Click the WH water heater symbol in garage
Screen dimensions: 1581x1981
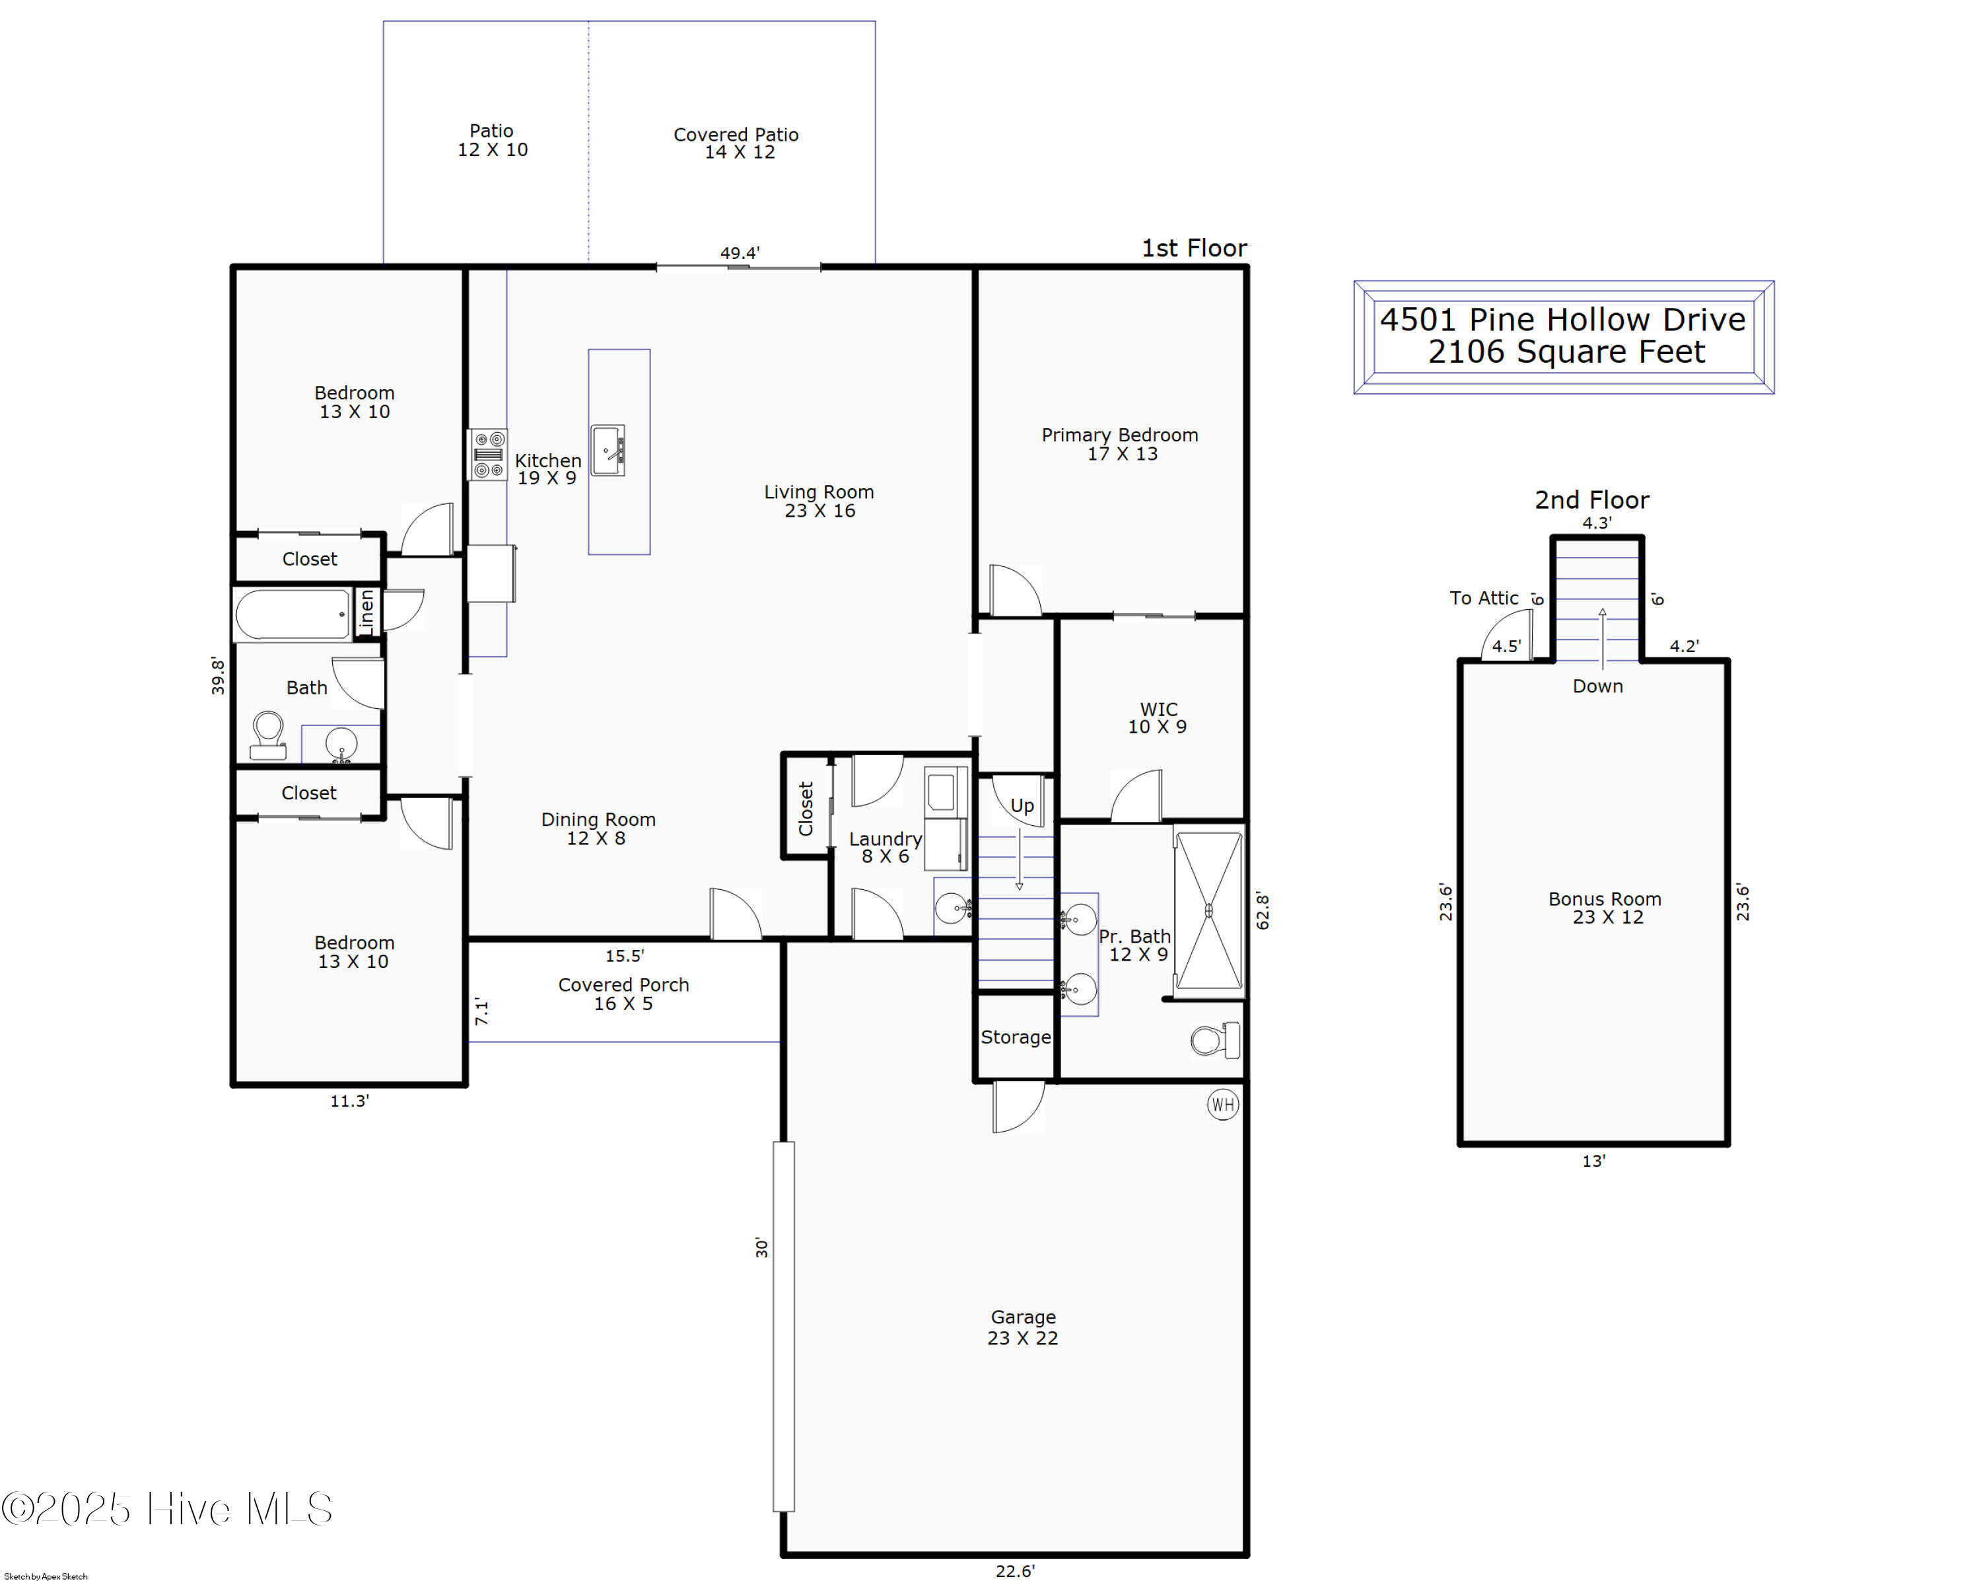(x=1222, y=1105)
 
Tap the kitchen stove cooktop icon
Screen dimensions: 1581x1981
(x=488, y=454)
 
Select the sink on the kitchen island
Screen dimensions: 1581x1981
(x=608, y=451)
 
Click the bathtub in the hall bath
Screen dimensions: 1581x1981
(x=292, y=614)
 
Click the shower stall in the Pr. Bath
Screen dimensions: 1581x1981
(x=1208, y=910)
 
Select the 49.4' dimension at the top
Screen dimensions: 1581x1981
(x=740, y=253)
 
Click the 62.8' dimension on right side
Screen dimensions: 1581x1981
(x=1263, y=911)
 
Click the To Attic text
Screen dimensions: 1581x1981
(x=1483, y=599)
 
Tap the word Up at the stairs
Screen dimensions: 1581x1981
(x=1022, y=806)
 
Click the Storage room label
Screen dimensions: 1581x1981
(x=1016, y=1037)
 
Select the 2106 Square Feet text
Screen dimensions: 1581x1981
(x=1566, y=352)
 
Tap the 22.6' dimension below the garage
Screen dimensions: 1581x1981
(x=1014, y=1571)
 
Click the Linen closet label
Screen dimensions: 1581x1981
(x=366, y=611)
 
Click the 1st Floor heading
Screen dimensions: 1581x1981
(x=1194, y=248)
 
